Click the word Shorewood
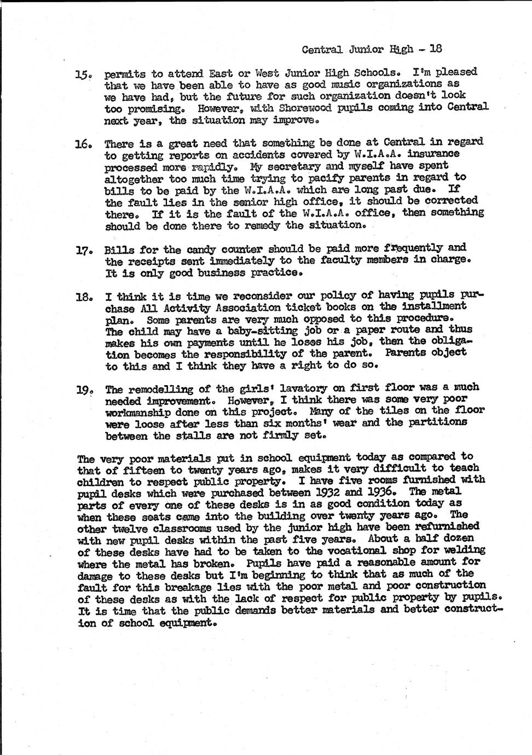tap(296, 108)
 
